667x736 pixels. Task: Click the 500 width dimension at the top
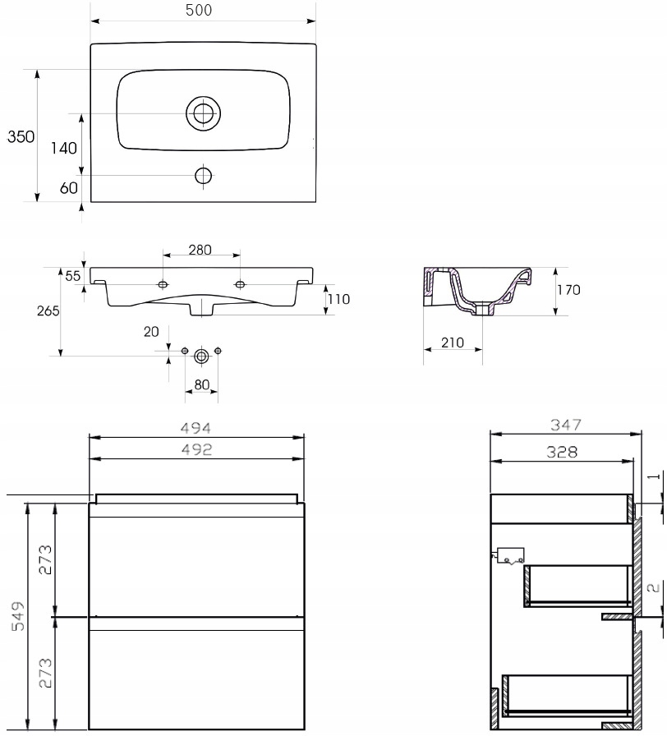click(199, 10)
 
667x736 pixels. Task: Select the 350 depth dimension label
click(21, 136)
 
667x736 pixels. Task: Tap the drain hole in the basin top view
click(203, 113)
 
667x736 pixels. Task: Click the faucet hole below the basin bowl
click(203, 176)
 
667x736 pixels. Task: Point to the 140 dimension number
click(64, 149)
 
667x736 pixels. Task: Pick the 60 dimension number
click(68, 188)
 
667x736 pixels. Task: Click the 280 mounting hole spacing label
click(200, 250)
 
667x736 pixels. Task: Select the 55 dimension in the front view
click(73, 275)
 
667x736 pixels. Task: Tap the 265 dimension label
click(48, 310)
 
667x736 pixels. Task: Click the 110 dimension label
click(339, 299)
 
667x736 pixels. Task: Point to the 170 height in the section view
click(569, 290)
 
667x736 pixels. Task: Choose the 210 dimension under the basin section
click(453, 343)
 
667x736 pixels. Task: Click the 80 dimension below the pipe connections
click(201, 385)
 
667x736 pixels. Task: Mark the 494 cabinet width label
click(195, 428)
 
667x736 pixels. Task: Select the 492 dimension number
click(196, 449)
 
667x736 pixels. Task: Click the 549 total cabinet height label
click(18, 615)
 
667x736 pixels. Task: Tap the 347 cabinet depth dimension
click(566, 425)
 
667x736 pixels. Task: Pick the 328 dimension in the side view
click(562, 452)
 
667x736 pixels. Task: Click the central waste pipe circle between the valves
click(201, 356)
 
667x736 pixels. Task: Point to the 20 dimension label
click(151, 332)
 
